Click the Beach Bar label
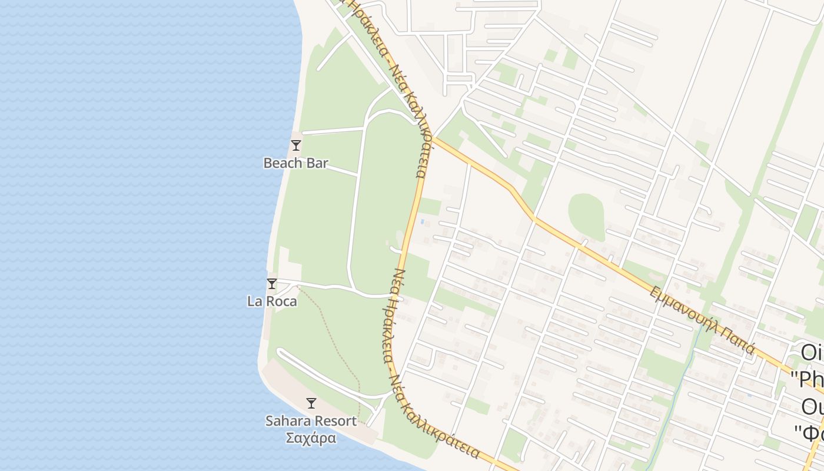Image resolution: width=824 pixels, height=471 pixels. click(x=295, y=163)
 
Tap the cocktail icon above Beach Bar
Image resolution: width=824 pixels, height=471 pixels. click(x=296, y=145)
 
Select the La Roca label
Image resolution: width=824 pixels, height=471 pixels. click(x=272, y=301)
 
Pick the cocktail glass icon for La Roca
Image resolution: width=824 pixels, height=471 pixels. click(x=272, y=284)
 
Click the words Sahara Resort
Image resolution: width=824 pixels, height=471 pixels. click(x=311, y=421)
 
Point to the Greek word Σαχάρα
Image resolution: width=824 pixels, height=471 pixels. click(x=311, y=438)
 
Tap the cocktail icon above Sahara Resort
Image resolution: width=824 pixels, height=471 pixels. click(x=311, y=403)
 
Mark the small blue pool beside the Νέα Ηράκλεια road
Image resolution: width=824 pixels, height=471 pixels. click(x=422, y=221)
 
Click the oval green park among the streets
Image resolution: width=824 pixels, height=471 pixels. click(x=586, y=216)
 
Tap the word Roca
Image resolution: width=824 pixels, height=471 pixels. click(x=282, y=301)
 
